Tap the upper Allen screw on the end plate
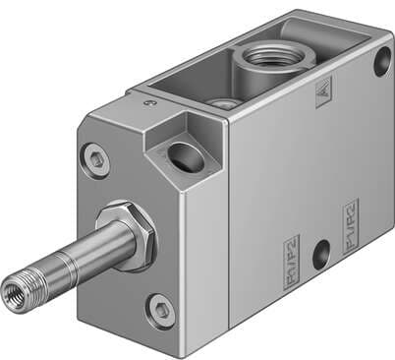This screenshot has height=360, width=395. pos(95,155)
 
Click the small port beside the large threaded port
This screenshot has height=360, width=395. pos(225,102)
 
